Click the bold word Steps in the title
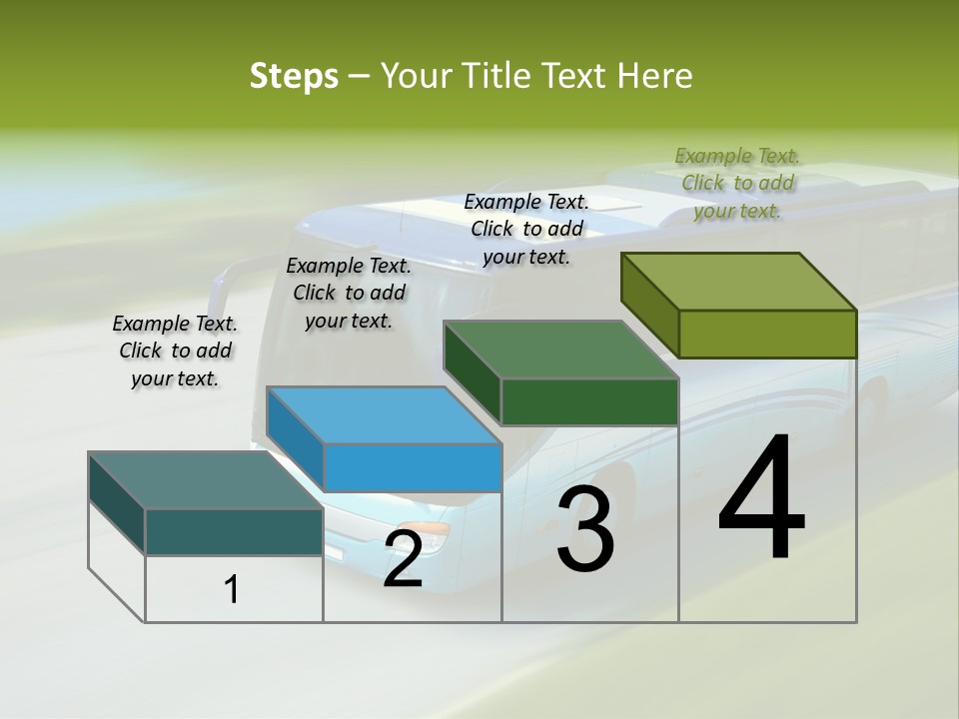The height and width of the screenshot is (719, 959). pyautogui.click(x=294, y=76)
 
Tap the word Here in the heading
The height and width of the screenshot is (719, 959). pyautogui.click(x=654, y=76)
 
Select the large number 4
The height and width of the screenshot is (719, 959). pyautogui.click(x=761, y=498)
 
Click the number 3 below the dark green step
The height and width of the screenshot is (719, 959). pyautogui.click(x=585, y=529)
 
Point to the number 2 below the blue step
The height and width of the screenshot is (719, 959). pyautogui.click(x=403, y=560)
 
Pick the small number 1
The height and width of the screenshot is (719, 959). pyautogui.click(x=231, y=590)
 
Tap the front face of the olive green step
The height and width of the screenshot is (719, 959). pyautogui.click(x=767, y=334)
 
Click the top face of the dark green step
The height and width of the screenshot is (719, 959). pyautogui.click(x=560, y=351)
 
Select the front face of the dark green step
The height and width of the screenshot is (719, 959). pyautogui.click(x=589, y=401)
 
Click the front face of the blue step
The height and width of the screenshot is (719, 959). pyautogui.click(x=412, y=467)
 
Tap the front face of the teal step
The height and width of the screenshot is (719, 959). pyautogui.click(x=234, y=531)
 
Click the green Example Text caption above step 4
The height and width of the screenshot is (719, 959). pyautogui.click(x=737, y=183)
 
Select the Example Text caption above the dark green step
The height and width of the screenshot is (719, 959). pyautogui.click(x=526, y=229)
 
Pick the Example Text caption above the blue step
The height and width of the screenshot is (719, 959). pyautogui.click(x=349, y=293)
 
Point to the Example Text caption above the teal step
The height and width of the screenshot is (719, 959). pyautogui.click(x=175, y=351)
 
